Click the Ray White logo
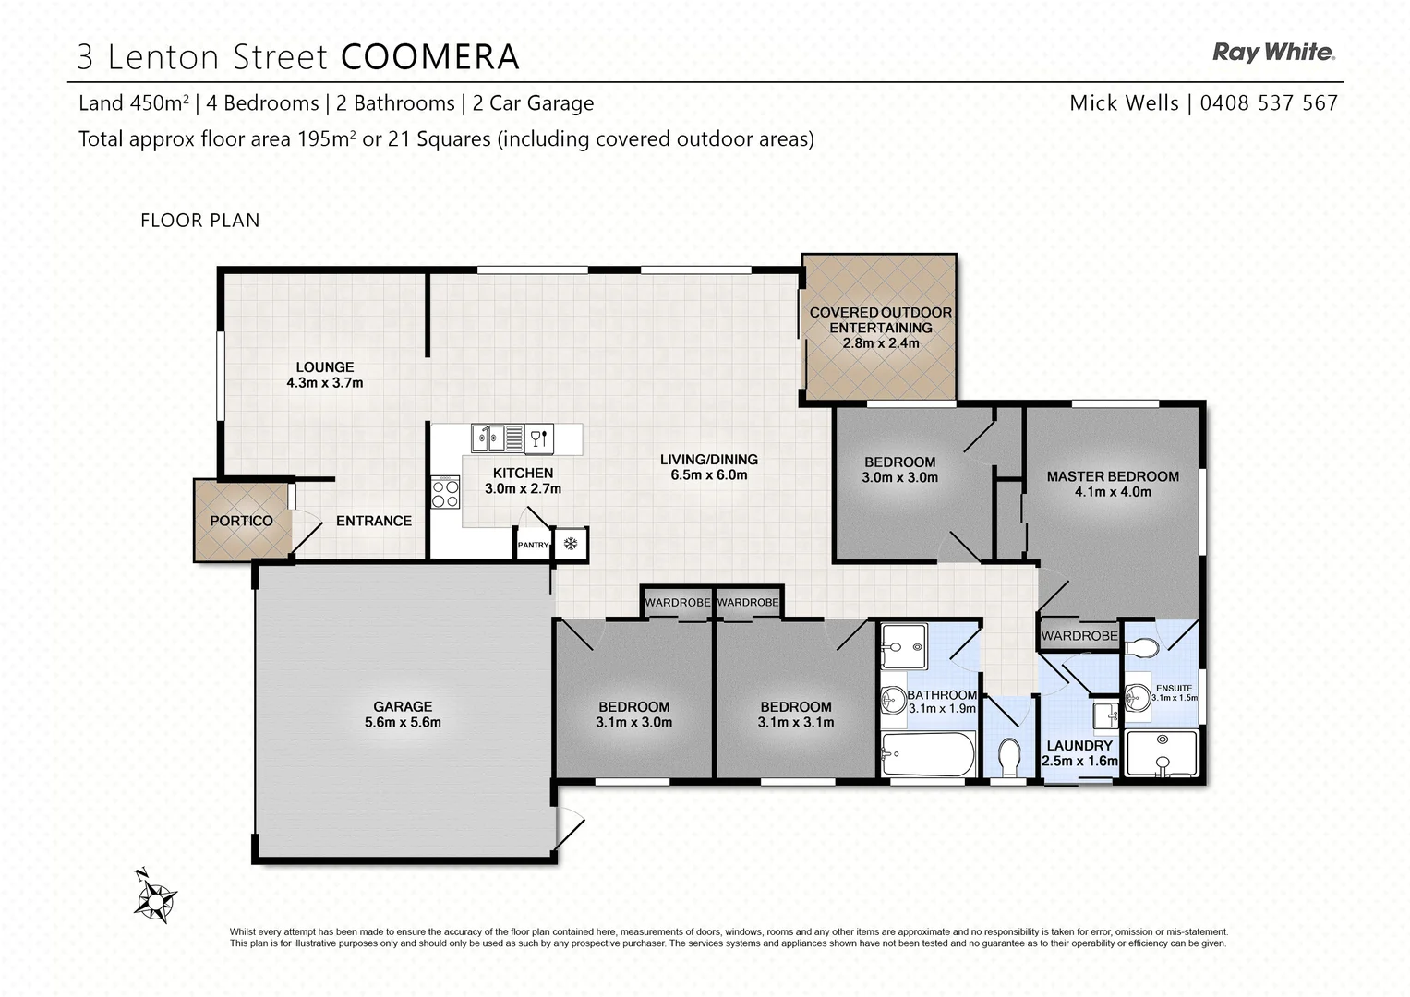(x=1273, y=53)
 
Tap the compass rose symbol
(x=156, y=896)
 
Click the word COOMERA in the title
(x=430, y=57)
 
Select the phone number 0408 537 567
(x=1269, y=103)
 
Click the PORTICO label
(x=241, y=521)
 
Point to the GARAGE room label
(x=403, y=706)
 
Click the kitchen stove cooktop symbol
(x=445, y=493)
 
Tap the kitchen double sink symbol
(x=488, y=438)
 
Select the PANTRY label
(x=533, y=545)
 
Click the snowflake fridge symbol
(x=571, y=544)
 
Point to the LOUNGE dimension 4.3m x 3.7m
(x=325, y=382)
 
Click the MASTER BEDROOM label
(x=1113, y=476)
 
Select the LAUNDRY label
(x=1079, y=745)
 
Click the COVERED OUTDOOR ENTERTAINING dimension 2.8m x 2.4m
(x=881, y=343)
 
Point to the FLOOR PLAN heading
(x=200, y=221)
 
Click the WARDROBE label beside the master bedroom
(x=1079, y=636)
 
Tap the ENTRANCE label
(x=374, y=521)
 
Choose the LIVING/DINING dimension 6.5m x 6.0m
(x=709, y=474)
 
